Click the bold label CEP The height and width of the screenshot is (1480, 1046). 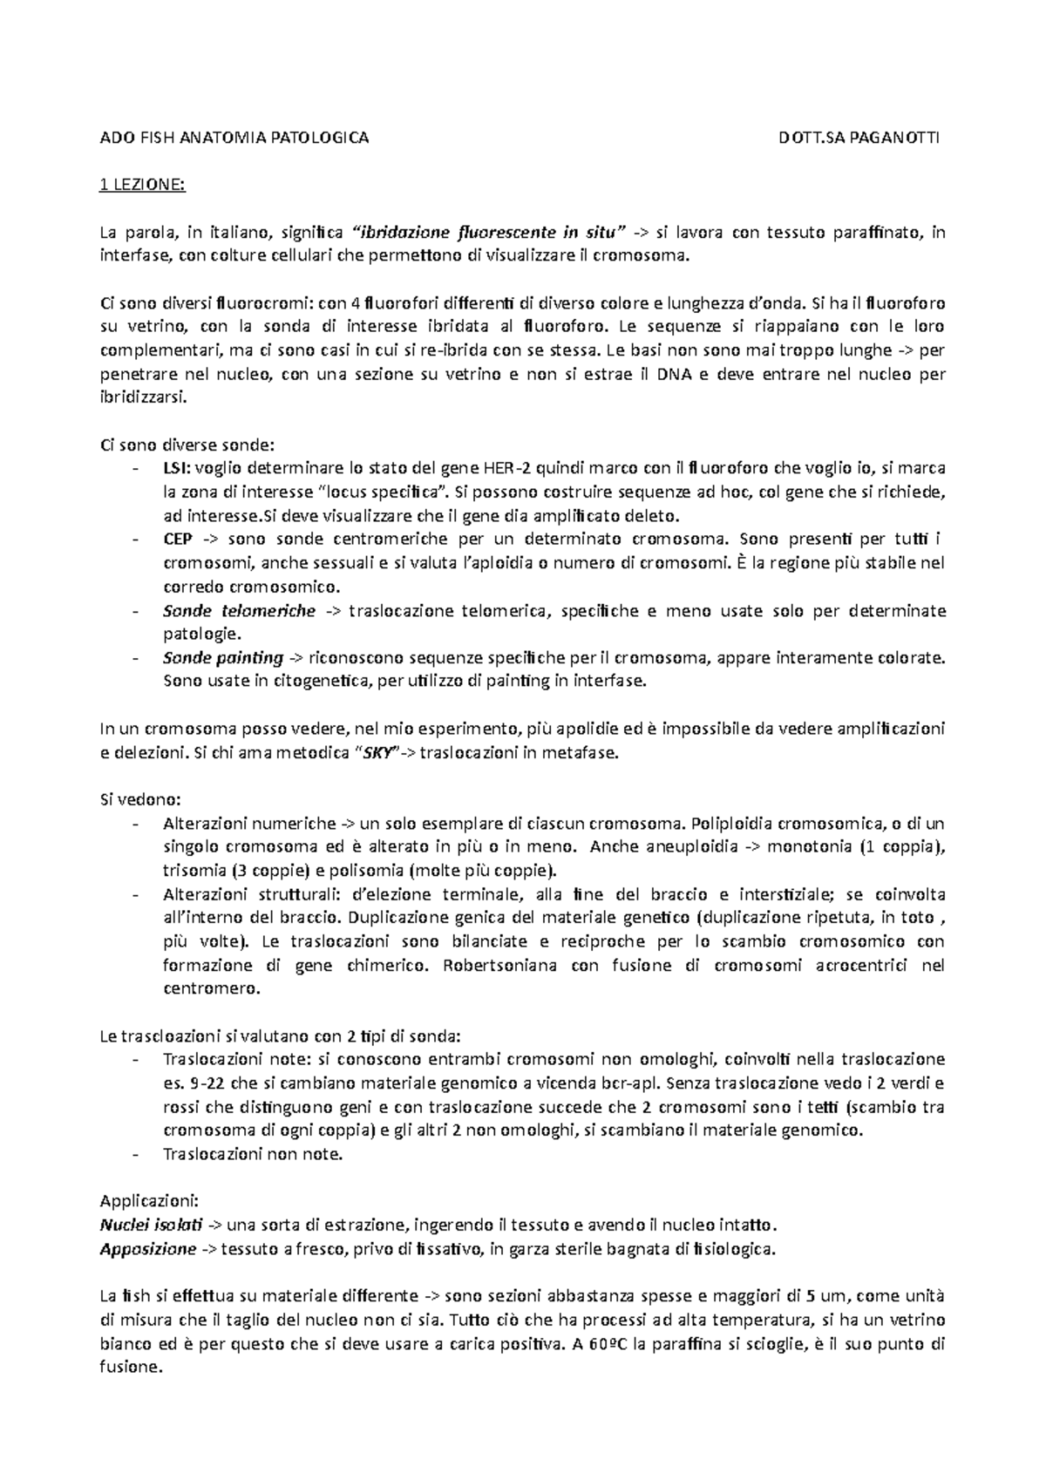177,539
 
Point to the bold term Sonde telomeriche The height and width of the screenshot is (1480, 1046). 239,610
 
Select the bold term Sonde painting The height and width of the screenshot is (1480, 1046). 223,657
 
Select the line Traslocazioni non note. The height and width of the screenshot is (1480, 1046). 253,1155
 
